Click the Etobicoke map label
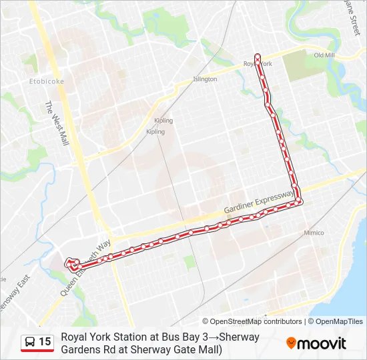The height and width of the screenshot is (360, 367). point(47,82)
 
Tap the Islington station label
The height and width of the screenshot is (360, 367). point(205,79)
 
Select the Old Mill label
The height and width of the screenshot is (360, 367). point(324,55)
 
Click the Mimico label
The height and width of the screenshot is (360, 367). point(314,233)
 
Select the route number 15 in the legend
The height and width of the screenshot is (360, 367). point(45,342)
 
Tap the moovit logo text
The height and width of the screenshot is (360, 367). point(322,343)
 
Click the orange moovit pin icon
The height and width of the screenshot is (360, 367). point(291,343)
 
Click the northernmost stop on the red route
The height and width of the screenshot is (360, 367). point(257,55)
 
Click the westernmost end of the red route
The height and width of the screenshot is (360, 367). point(67,265)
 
